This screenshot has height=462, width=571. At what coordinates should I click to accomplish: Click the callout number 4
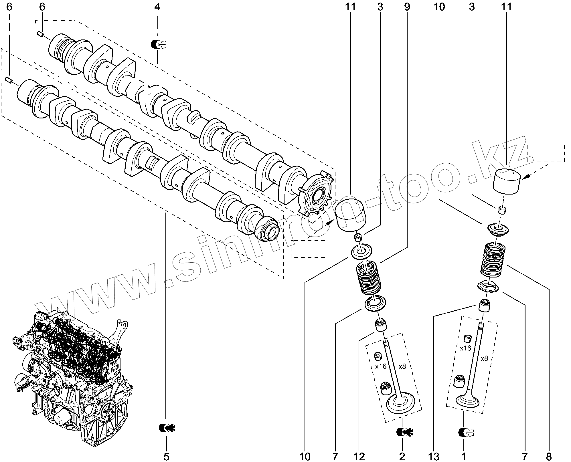[157, 7]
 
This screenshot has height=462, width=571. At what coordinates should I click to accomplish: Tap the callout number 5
[166, 457]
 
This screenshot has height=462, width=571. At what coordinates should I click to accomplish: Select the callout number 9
[407, 7]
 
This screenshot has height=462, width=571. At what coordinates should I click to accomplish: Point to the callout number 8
[549, 457]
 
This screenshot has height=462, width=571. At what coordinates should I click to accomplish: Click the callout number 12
[359, 457]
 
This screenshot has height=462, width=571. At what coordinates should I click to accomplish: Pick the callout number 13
[434, 457]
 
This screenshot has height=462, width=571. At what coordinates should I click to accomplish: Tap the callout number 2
[402, 457]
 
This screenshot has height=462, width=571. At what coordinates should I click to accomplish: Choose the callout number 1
[463, 457]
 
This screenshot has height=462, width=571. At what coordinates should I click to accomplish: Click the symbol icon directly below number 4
[158, 44]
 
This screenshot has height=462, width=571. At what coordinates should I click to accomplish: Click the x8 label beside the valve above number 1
[484, 358]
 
